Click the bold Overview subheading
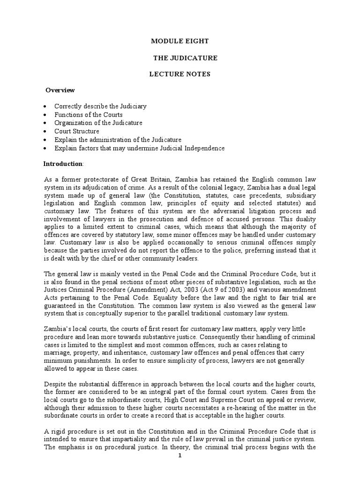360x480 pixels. point(60,90)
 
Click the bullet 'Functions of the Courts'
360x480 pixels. point(88,115)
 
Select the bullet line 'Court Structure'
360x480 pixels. point(76,131)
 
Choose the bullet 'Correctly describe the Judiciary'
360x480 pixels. point(100,106)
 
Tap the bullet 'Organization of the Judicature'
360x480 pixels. point(98,123)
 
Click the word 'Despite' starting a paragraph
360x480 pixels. point(55,377)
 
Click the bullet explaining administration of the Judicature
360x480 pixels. point(117,140)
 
